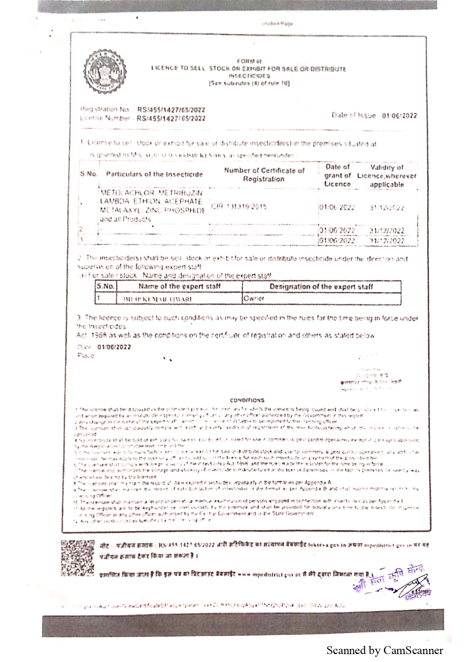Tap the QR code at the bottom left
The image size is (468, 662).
[x=77, y=558]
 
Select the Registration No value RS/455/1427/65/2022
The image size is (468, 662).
[x=171, y=110]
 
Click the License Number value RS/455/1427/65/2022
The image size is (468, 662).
[x=171, y=118]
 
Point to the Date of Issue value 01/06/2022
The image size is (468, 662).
[x=399, y=116]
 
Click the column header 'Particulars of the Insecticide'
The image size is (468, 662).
[x=154, y=174]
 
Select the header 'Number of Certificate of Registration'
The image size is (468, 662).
[x=264, y=175]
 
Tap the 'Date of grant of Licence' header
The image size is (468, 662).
[x=337, y=175]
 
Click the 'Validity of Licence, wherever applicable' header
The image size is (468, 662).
[x=387, y=176]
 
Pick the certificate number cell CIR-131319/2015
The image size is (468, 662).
[x=239, y=206]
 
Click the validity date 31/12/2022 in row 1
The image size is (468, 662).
[x=387, y=208]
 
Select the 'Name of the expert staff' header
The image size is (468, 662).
[x=179, y=286]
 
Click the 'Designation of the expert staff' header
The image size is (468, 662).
[x=321, y=287]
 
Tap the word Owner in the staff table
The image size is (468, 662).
[x=254, y=298]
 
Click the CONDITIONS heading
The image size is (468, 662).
[x=247, y=400]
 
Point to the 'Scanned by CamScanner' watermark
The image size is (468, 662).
[x=385, y=650]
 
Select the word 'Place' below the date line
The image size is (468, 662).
[x=86, y=356]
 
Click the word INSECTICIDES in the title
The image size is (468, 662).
[x=249, y=76]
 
